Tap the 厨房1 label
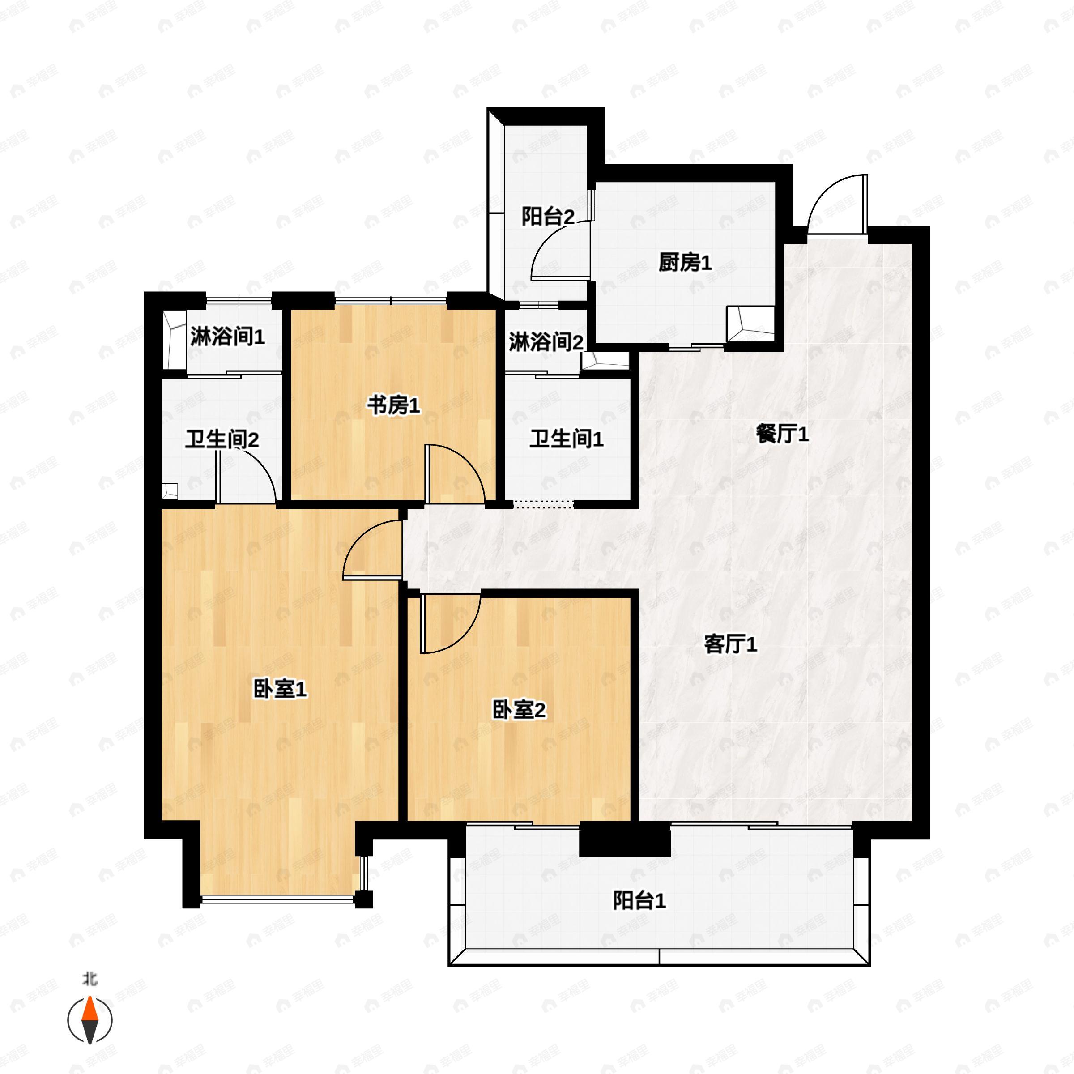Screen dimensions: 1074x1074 click(x=685, y=262)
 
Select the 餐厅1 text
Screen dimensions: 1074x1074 click(x=782, y=434)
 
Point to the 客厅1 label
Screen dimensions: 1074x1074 click(x=730, y=645)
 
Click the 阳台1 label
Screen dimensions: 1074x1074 click(x=639, y=900)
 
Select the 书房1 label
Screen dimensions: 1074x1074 click(x=393, y=406)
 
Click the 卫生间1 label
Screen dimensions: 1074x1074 click(x=566, y=439)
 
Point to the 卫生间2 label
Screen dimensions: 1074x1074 click(x=222, y=440)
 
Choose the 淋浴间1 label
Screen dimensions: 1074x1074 click(x=227, y=337)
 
